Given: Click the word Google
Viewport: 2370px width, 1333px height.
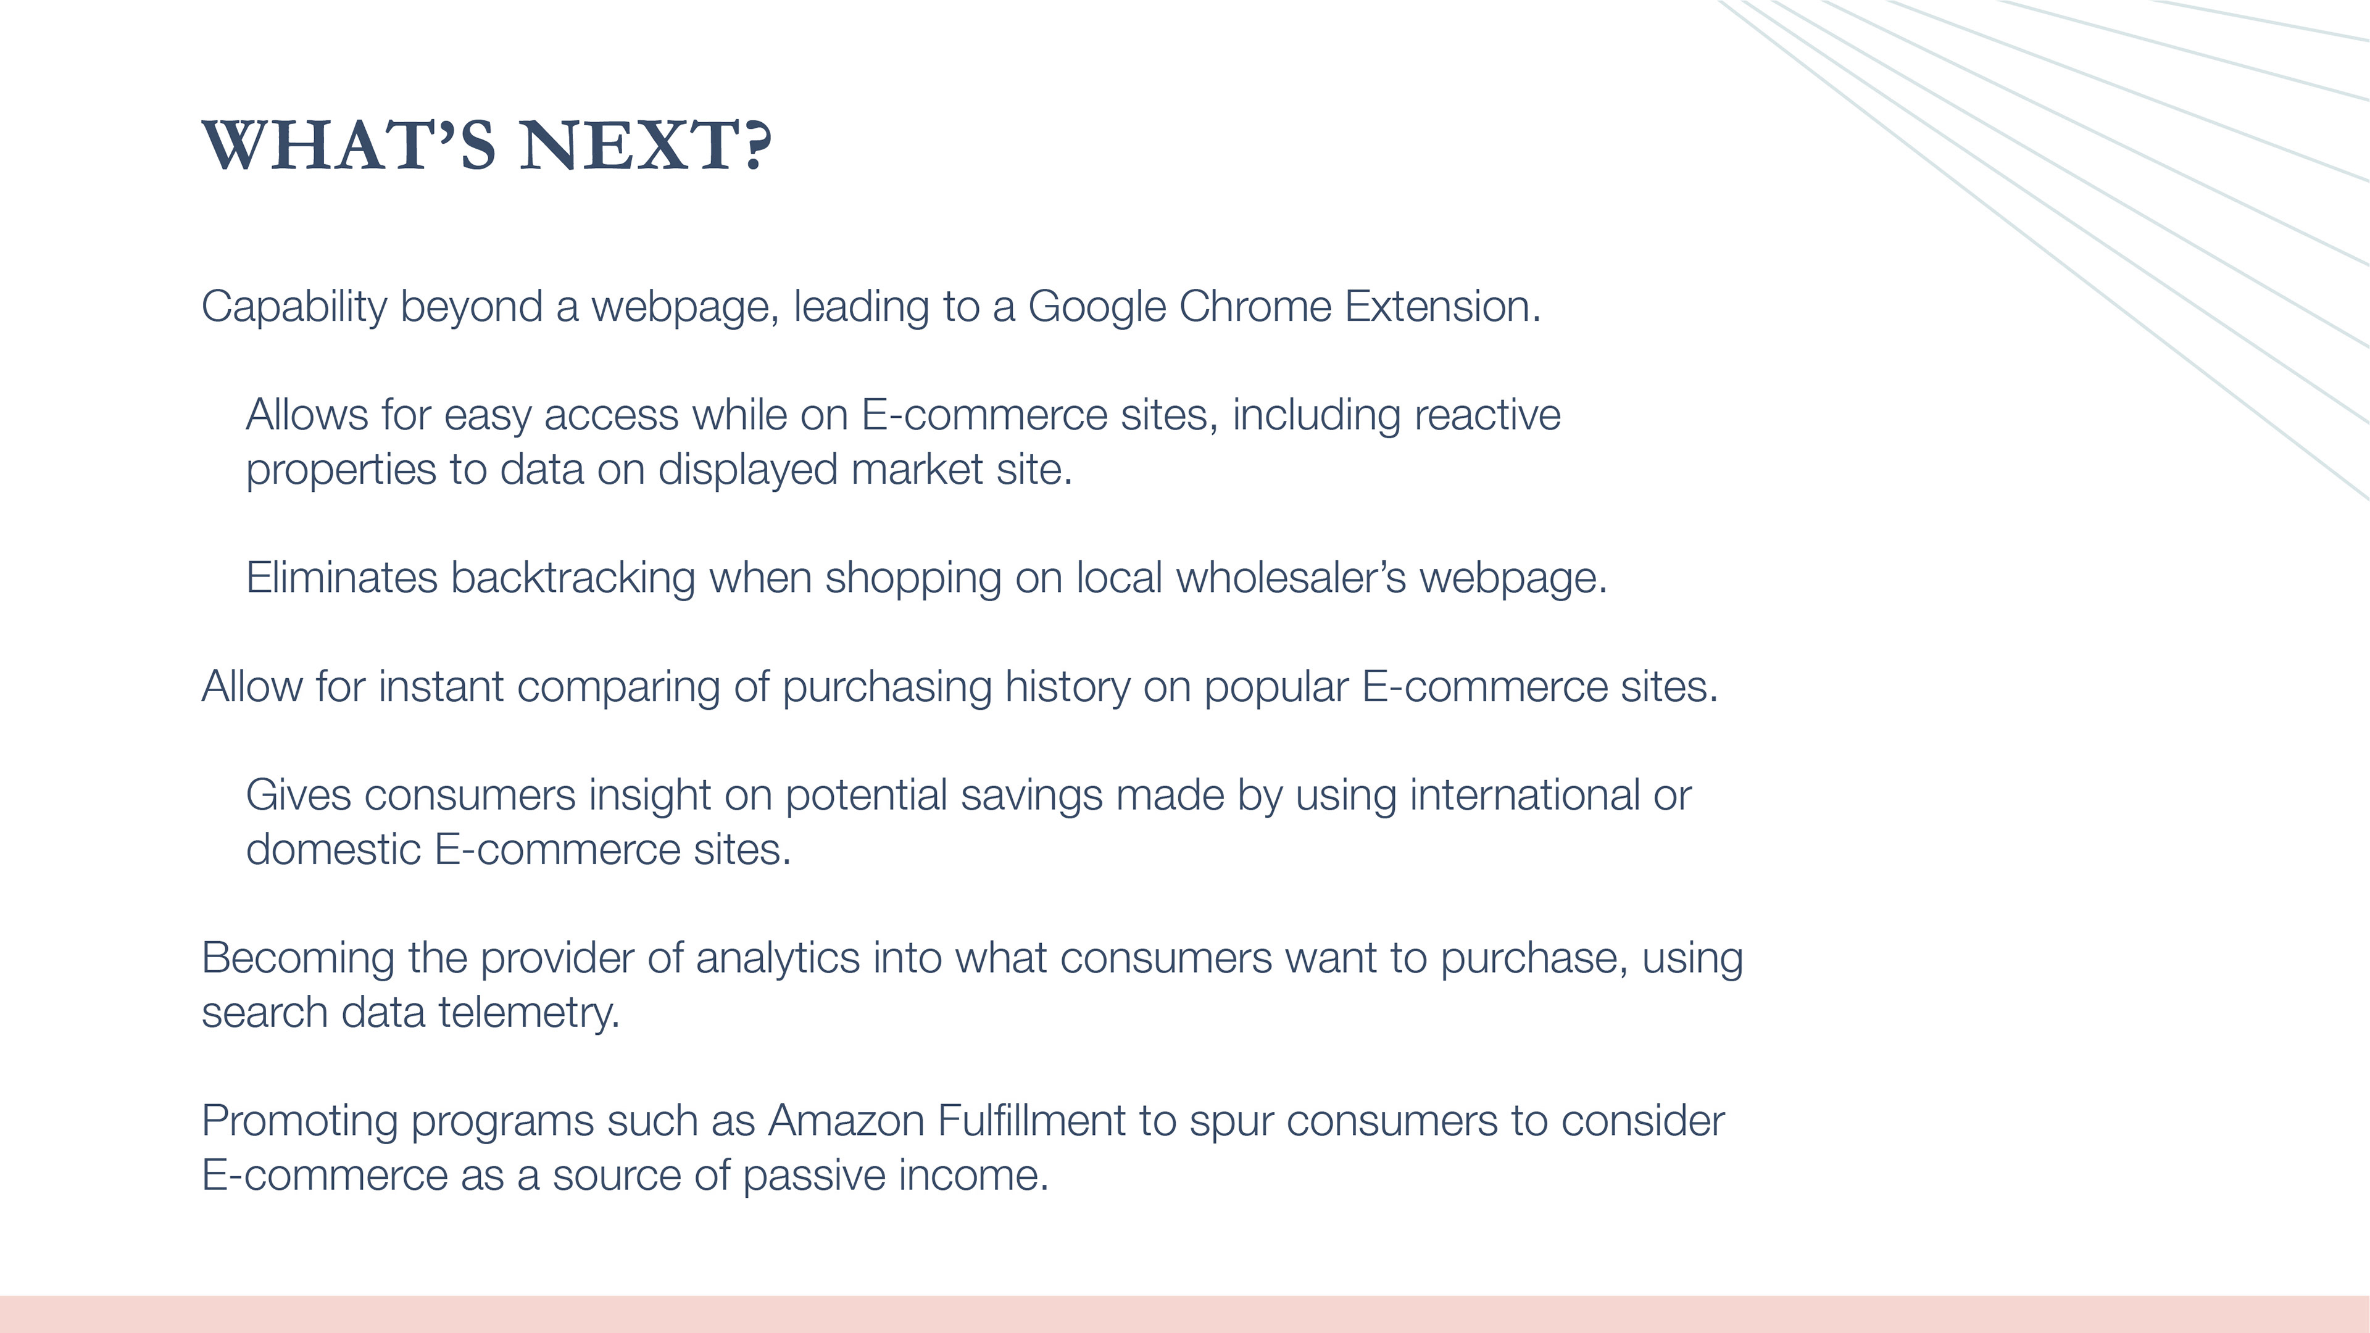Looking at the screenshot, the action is (1097, 308).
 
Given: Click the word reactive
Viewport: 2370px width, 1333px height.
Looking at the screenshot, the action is (1487, 415).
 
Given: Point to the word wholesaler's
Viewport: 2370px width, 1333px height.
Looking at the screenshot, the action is (1291, 578).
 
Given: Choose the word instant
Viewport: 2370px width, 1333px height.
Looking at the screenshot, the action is (441, 686).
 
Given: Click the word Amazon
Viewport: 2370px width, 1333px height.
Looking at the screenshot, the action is (846, 1121).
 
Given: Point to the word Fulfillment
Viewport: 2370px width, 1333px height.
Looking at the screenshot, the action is (1031, 1121).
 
